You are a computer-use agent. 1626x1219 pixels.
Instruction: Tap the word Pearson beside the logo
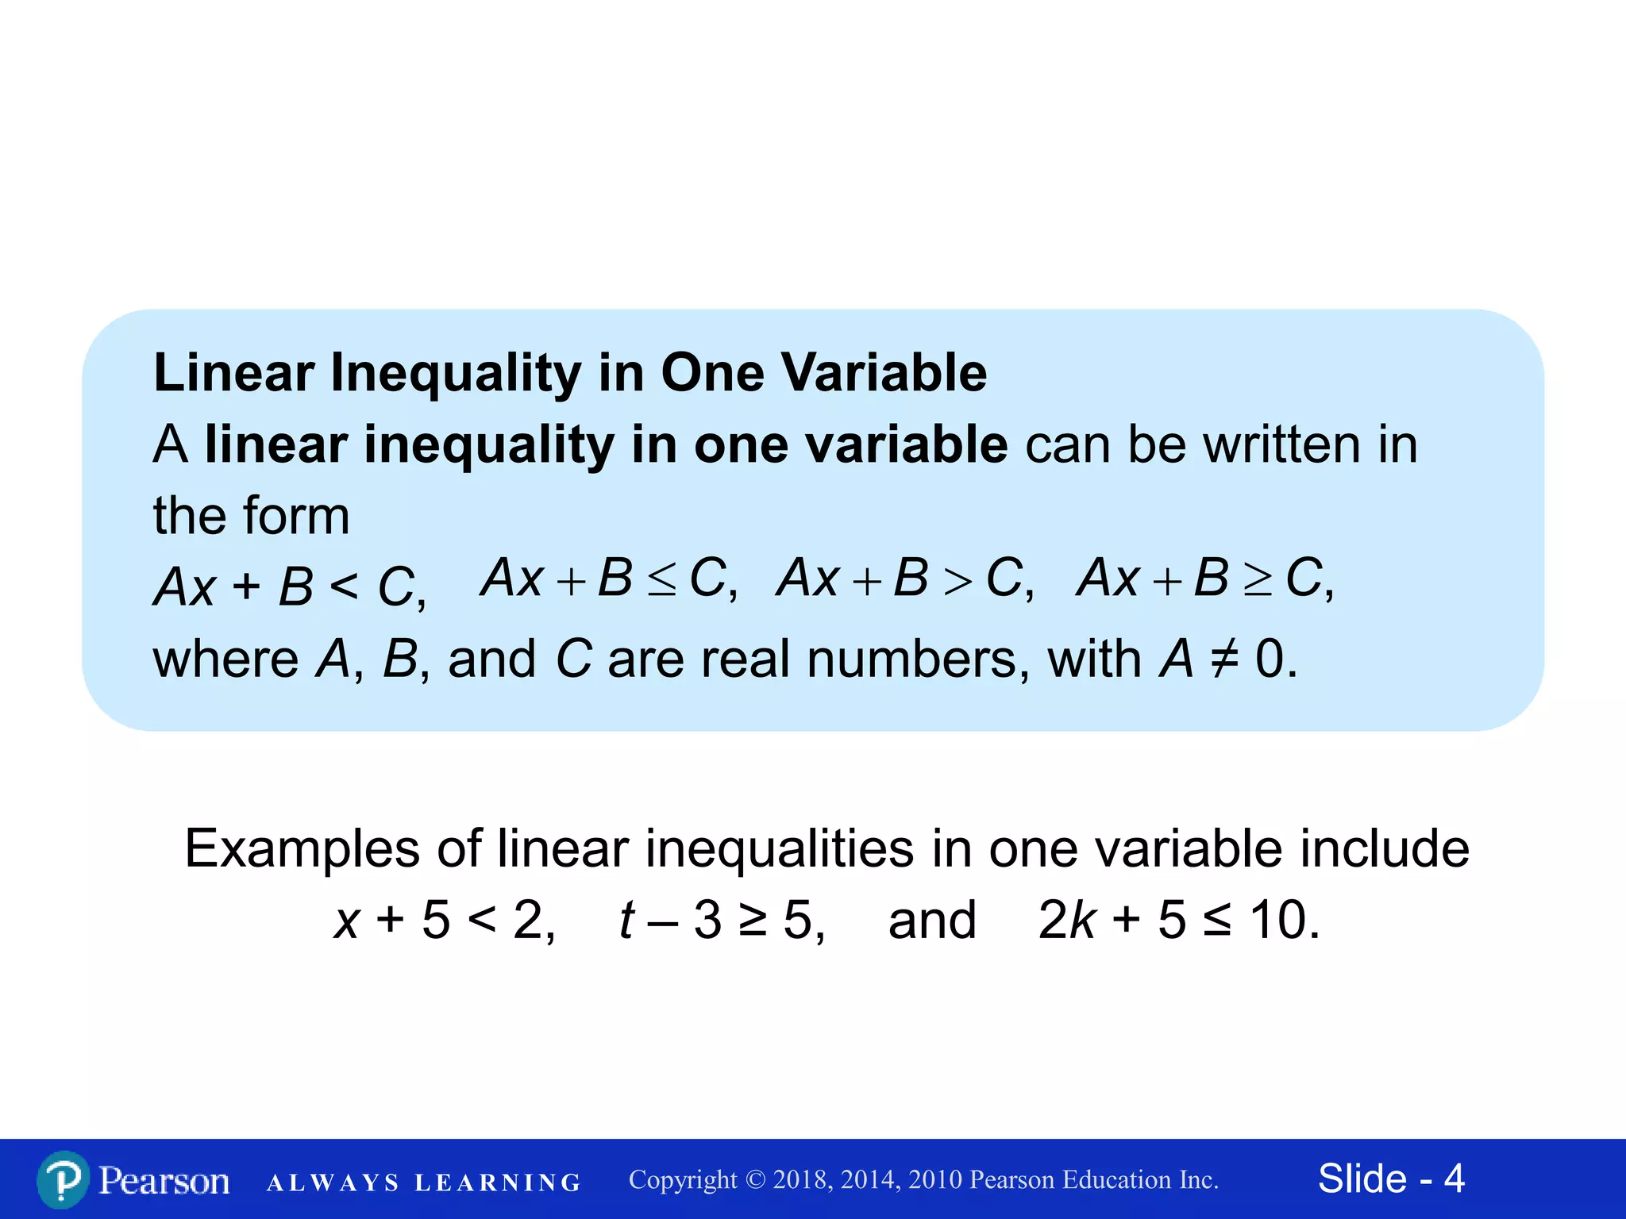click(164, 1181)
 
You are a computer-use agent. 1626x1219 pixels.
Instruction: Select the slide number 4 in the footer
click(1454, 1179)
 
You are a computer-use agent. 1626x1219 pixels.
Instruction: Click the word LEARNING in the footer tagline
click(498, 1183)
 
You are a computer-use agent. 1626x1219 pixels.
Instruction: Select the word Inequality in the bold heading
click(456, 372)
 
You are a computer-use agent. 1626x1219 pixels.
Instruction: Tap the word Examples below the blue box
click(302, 848)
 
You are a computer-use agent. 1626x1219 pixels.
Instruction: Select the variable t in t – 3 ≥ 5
click(626, 921)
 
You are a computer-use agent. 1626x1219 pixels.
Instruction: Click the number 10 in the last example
click(1277, 921)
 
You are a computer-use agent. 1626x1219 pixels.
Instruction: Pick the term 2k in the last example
click(1066, 921)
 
